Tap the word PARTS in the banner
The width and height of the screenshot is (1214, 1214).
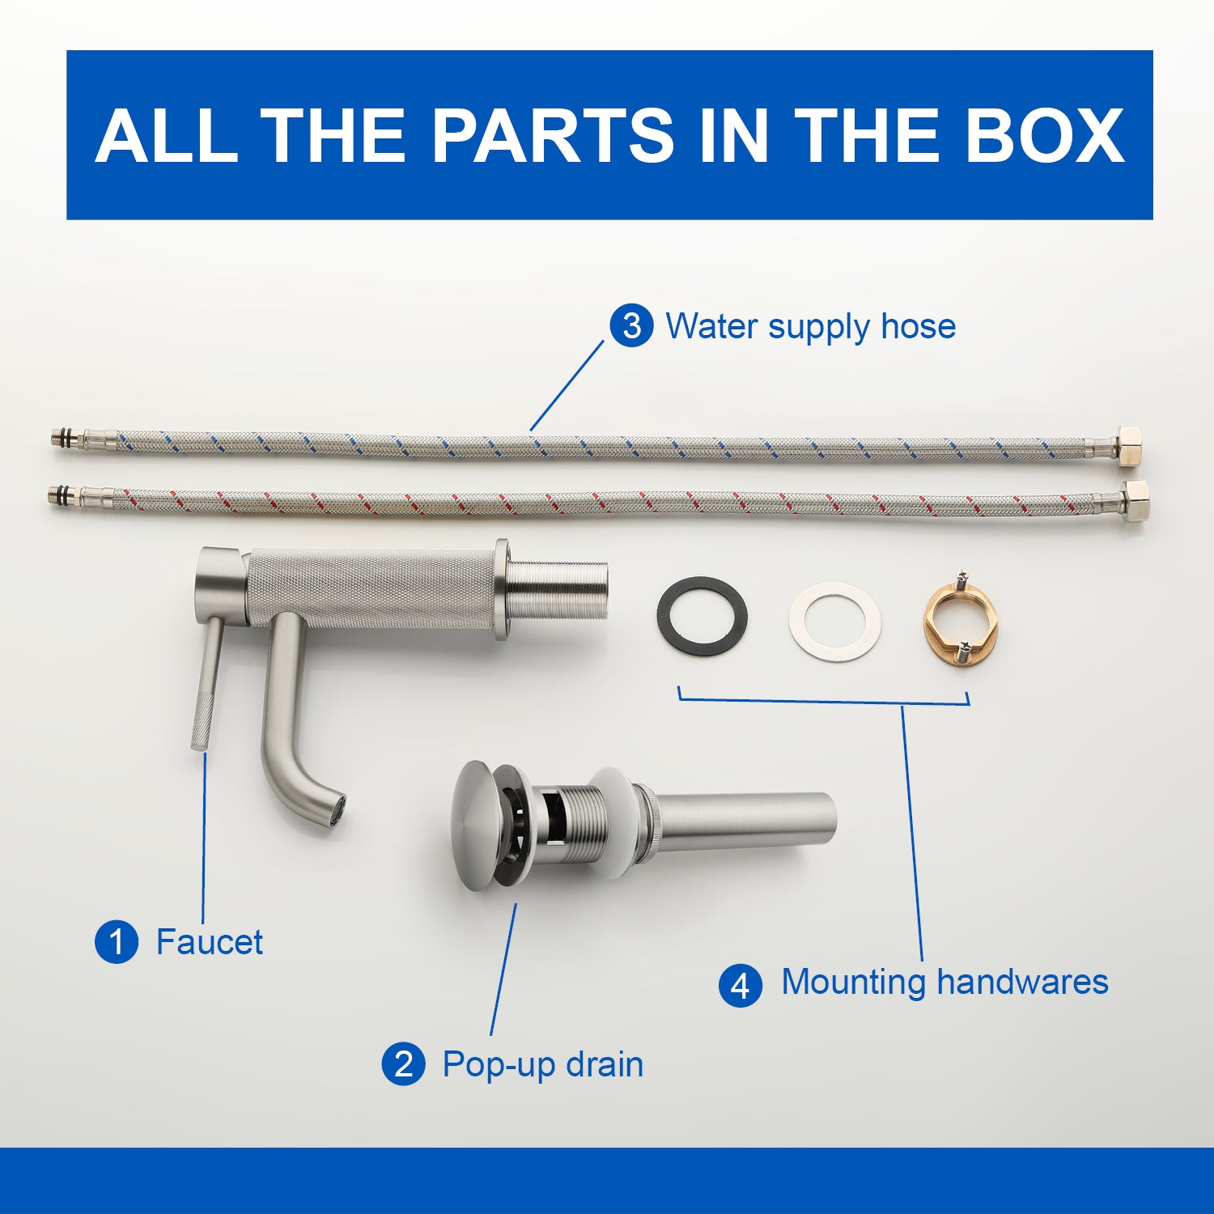553,134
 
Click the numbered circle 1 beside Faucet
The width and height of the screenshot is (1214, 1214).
117,942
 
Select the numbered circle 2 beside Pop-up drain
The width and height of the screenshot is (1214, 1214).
404,1064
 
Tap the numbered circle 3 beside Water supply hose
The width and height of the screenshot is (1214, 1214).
631,326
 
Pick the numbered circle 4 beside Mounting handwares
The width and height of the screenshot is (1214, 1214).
741,986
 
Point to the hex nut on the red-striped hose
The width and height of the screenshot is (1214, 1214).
1135,501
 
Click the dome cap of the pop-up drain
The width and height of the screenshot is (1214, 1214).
475,826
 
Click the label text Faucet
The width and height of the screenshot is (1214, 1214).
210,942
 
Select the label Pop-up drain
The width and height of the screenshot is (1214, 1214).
543,1065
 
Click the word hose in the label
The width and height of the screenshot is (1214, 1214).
919,326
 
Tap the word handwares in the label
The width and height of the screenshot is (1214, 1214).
1022,982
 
